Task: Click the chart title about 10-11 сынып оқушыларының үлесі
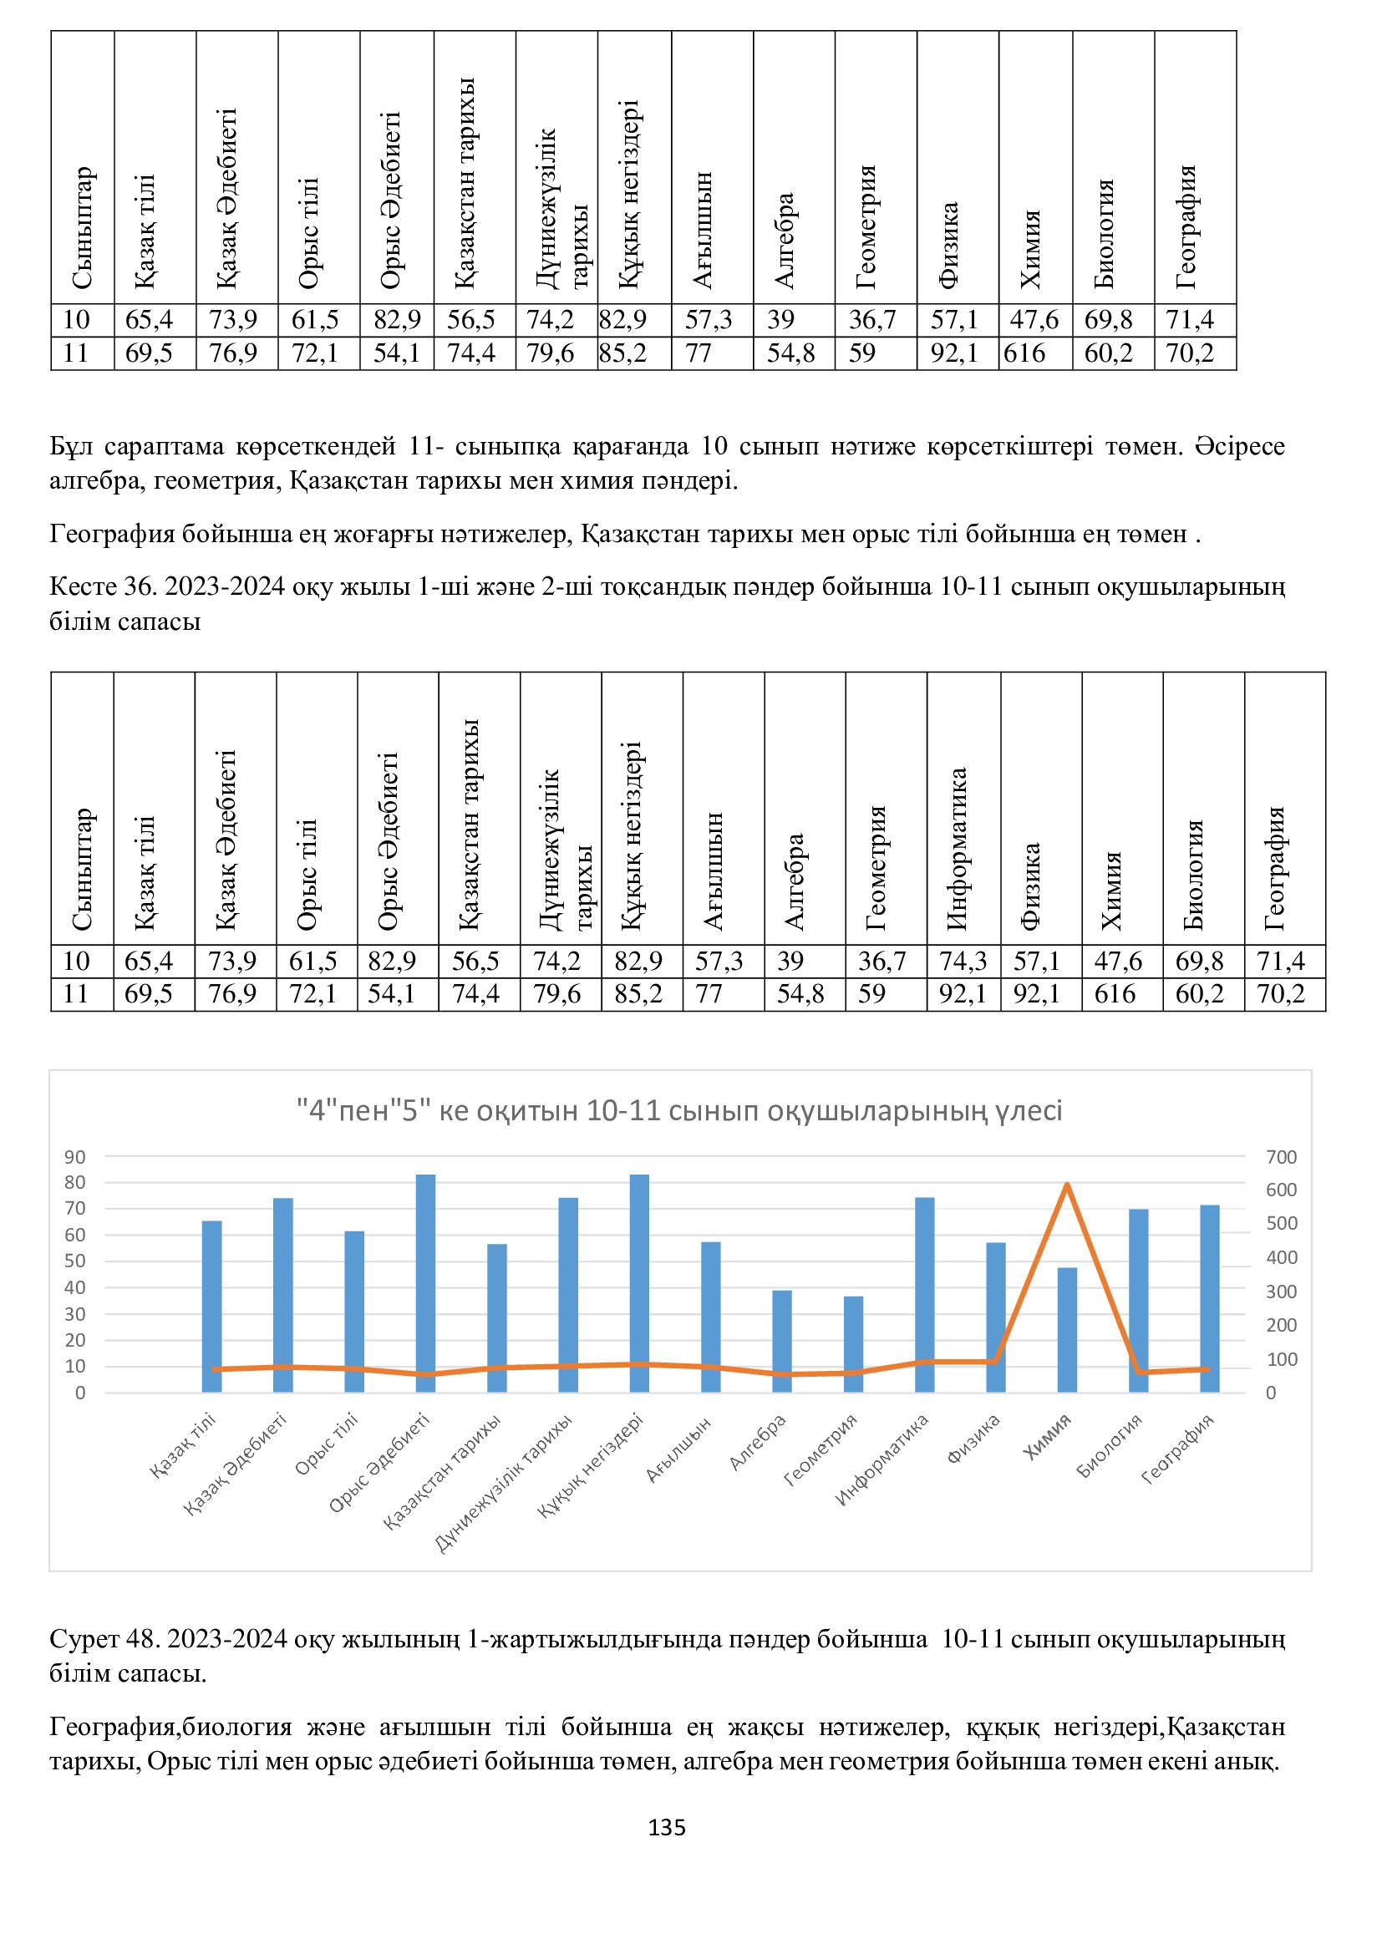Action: [679, 1110]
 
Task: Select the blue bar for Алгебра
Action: [782, 1342]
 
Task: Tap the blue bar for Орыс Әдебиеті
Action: [425, 1284]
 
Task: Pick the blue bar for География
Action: [1210, 1300]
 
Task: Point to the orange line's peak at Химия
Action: [1067, 1185]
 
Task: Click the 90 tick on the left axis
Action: [75, 1157]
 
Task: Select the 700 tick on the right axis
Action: [1281, 1157]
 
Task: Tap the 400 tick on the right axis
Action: [1281, 1258]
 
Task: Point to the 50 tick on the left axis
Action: [75, 1262]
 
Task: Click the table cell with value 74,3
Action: [963, 962]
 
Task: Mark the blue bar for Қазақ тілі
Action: [212, 1307]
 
